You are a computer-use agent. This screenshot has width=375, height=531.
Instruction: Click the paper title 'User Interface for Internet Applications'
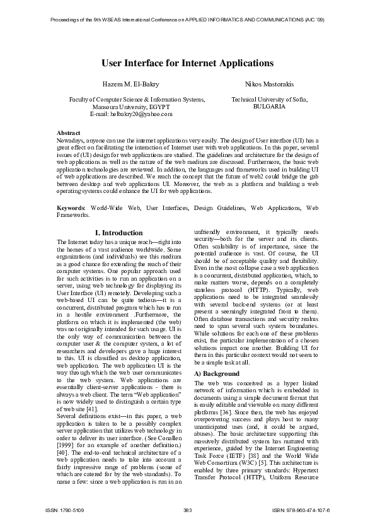(x=187, y=64)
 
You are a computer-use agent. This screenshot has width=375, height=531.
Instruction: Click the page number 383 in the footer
(x=187, y=510)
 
